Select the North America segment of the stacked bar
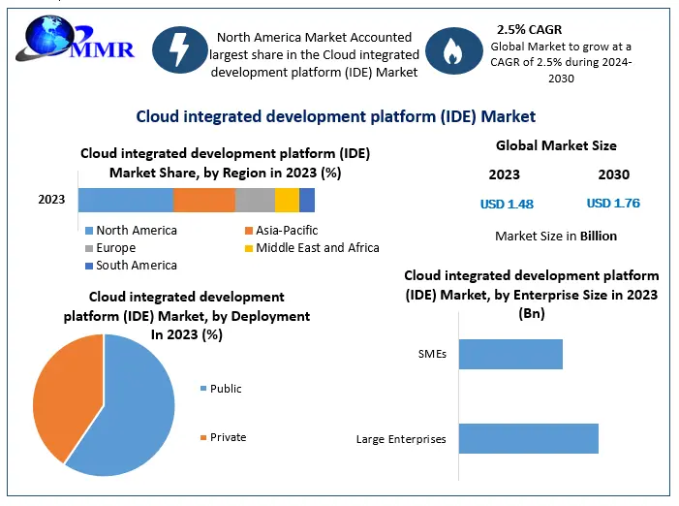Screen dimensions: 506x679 pos(125,200)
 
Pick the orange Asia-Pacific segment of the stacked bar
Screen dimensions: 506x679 pos(203,200)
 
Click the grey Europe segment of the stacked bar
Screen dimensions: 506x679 pos(255,200)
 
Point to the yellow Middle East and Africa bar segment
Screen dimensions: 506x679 pos(287,200)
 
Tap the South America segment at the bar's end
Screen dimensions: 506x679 pos(307,200)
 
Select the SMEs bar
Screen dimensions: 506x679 pos(510,354)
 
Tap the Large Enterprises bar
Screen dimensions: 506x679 pos(528,438)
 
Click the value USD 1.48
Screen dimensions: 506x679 pos(507,204)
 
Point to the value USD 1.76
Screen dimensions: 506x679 pos(613,204)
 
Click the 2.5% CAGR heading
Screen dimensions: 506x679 pos(528,30)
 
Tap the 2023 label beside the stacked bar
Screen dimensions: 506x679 pos(51,200)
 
